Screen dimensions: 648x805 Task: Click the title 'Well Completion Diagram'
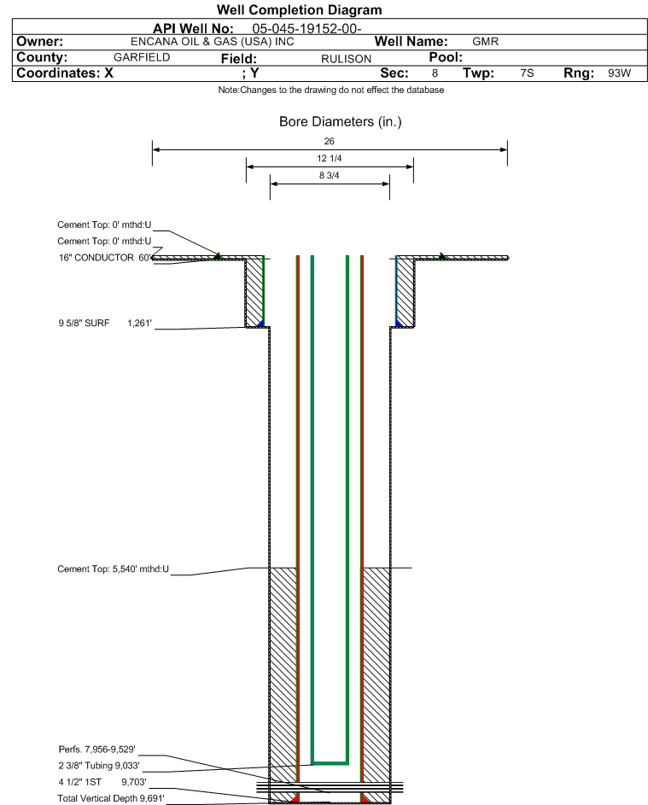(300, 9)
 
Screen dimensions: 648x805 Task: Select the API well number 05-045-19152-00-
(306, 29)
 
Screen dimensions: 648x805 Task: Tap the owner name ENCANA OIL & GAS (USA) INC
(213, 42)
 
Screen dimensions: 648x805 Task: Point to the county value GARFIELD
(142, 57)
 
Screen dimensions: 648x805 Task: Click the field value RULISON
(346, 59)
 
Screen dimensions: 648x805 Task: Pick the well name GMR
(485, 42)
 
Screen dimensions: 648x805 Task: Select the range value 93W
(619, 73)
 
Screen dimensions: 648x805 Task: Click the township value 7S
(527, 73)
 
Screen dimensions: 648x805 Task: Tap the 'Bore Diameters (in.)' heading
(341, 122)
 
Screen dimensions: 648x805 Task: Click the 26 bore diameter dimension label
(330, 141)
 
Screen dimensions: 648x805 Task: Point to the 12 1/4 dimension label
(330, 158)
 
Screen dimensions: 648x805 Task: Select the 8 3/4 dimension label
(330, 176)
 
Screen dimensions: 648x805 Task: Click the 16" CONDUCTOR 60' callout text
(105, 258)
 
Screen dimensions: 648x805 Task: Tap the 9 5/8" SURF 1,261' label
(105, 323)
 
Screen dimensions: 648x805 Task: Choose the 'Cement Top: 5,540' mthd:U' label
(113, 569)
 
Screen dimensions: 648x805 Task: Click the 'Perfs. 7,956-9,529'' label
(97, 750)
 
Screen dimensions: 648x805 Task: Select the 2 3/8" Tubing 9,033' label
(99, 766)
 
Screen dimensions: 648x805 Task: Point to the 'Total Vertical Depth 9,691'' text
(111, 798)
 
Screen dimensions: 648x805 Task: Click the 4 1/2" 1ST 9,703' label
(102, 782)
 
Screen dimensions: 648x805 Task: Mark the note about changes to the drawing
(331, 90)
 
